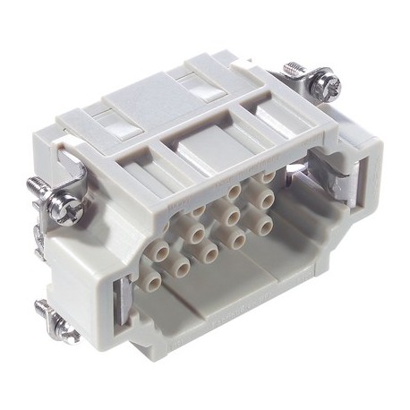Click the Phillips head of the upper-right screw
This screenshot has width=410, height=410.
pyautogui.click(x=328, y=86)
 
